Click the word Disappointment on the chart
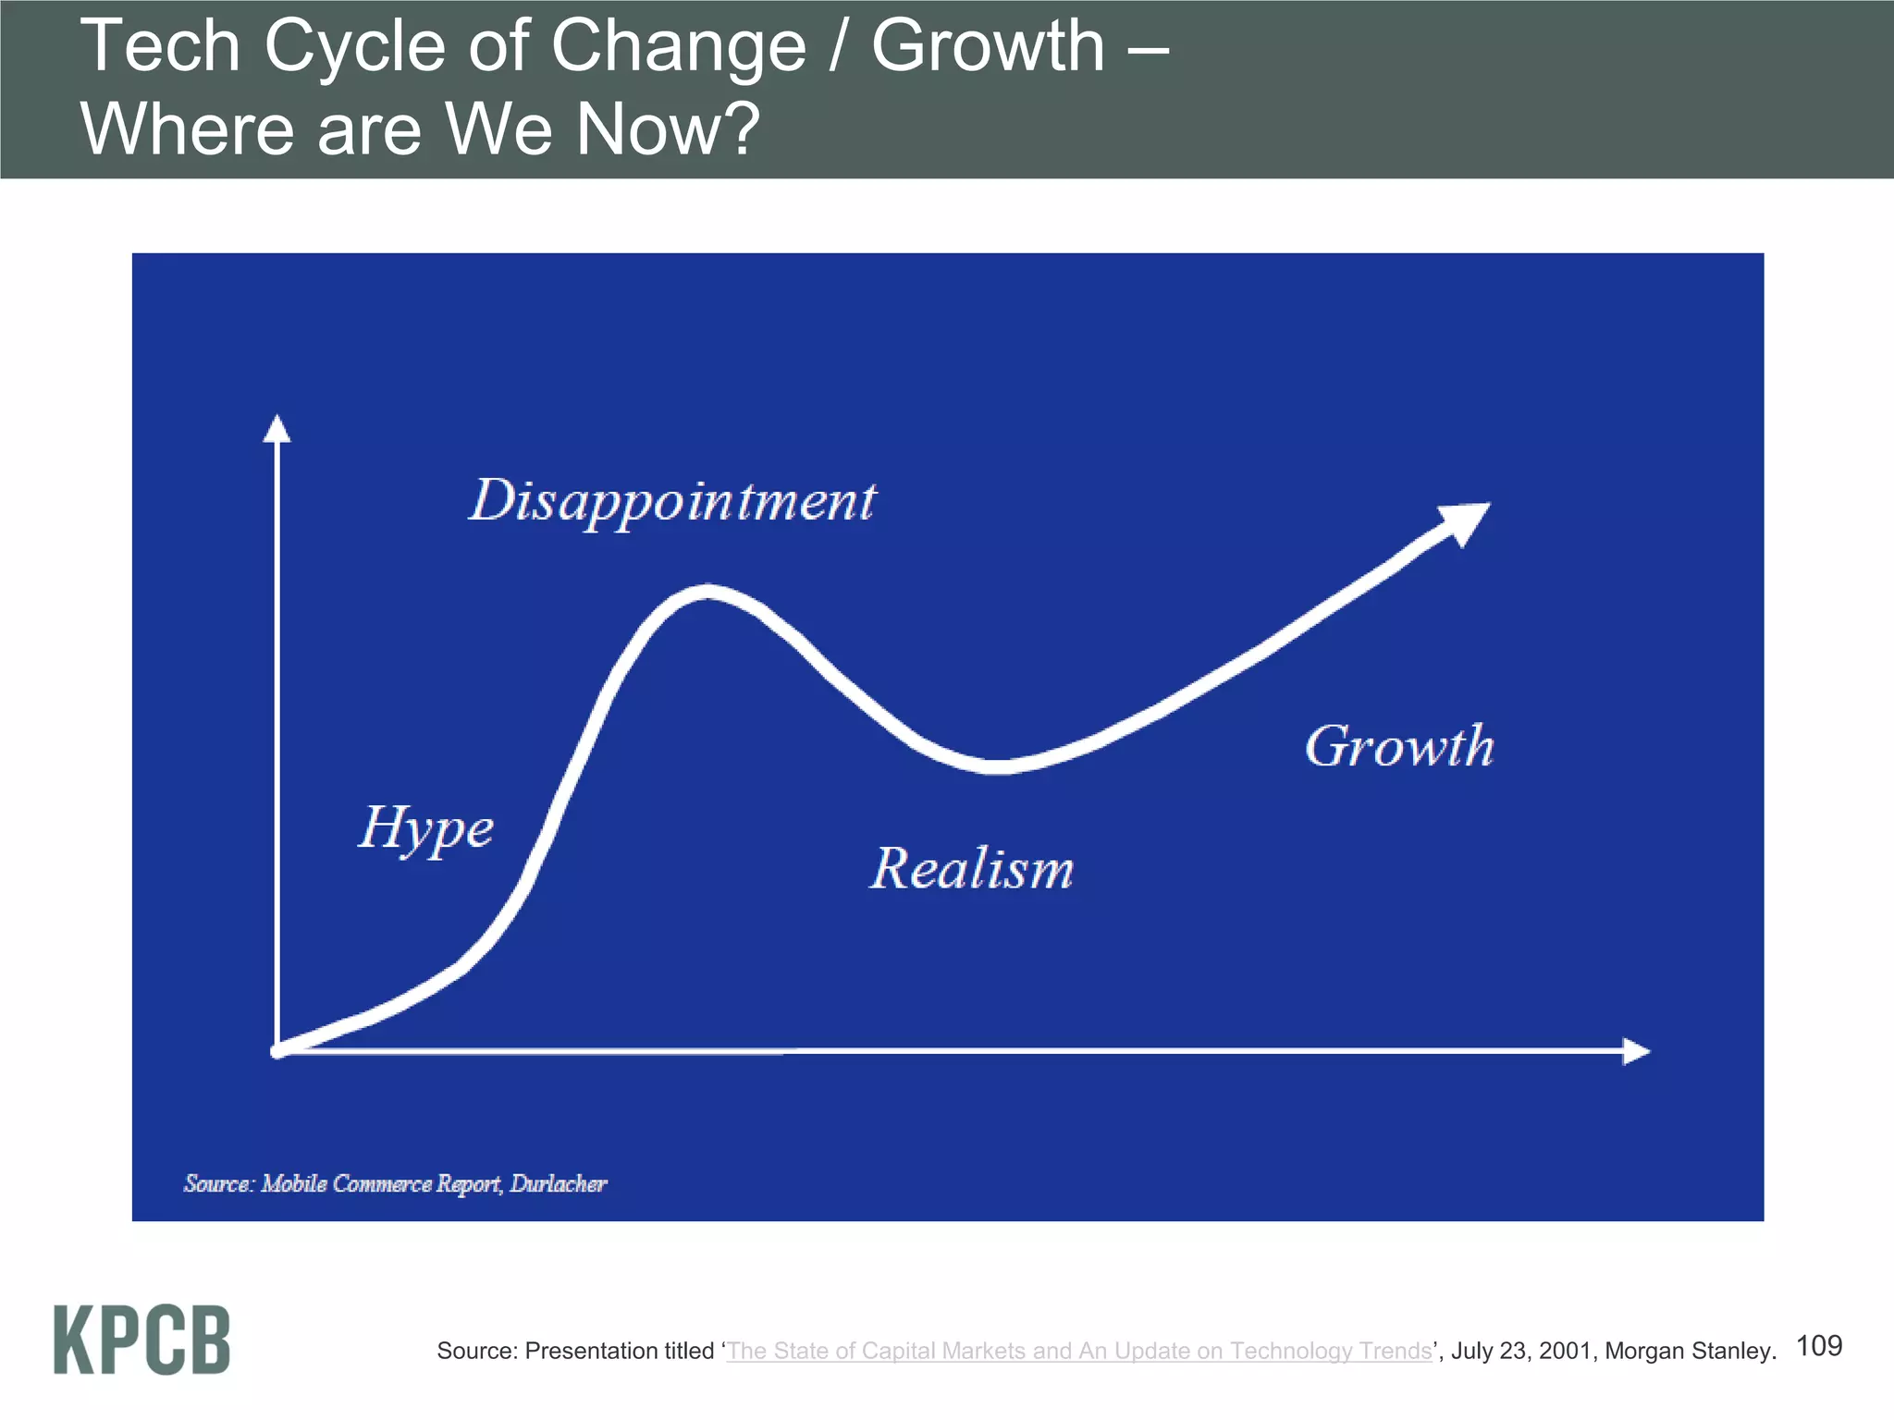(x=672, y=502)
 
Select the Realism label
(x=972, y=869)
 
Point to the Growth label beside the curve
(x=1399, y=746)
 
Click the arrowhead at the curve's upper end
(x=1465, y=521)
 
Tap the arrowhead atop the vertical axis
(x=277, y=429)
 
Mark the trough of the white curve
(x=995, y=765)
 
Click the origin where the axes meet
(x=277, y=1051)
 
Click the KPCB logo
(x=141, y=1340)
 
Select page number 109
(x=1818, y=1345)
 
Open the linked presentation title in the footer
(x=1078, y=1351)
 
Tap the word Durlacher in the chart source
(x=558, y=1183)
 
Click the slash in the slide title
(x=838, y=46)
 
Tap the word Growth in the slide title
(x=988, y=46)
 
